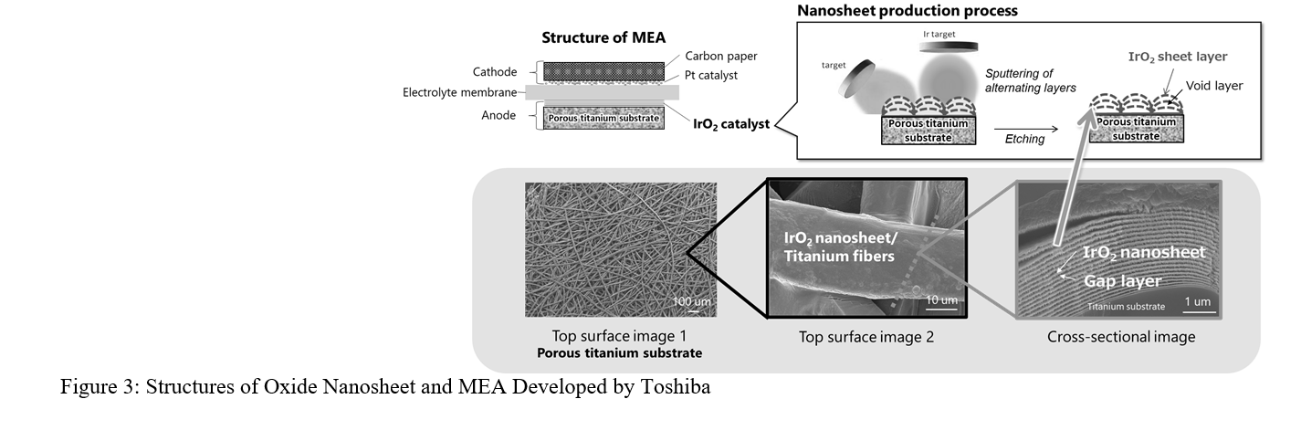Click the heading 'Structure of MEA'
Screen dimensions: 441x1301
coord(603,37)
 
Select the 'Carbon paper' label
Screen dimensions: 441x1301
coord(721,56)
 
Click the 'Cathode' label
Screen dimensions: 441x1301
coord(495,72)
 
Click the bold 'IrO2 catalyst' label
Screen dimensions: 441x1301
coord(731,122)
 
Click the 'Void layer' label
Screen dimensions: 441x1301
coord(1213,86)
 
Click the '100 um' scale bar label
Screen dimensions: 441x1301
coord(692,302)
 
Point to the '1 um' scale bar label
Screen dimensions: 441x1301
coord(1198,301)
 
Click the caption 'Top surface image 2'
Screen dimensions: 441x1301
coord(866,337)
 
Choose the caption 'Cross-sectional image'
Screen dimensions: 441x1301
coord(1121,337)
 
